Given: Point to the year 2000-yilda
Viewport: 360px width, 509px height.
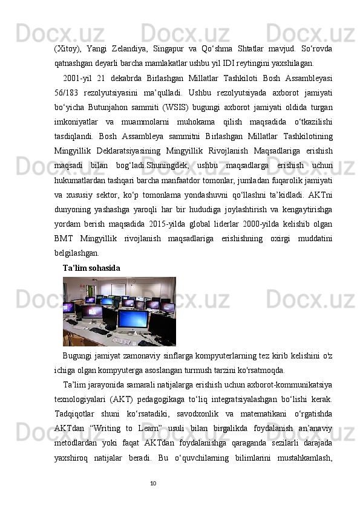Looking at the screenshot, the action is pos(260,225).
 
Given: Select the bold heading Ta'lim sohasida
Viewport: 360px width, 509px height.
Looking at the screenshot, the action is pos(91,267).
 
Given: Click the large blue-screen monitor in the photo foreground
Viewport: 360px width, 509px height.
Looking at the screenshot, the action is pos(134,318).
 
